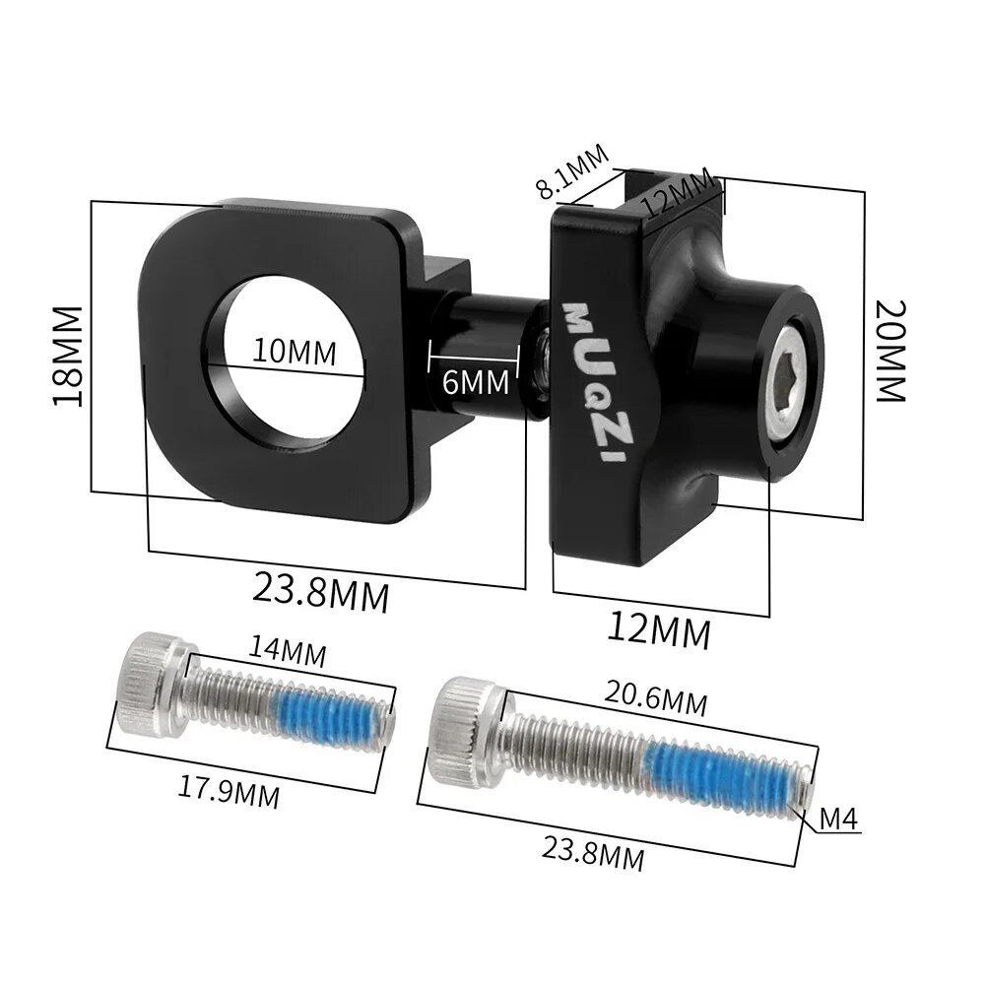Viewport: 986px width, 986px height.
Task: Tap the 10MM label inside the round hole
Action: pos(293,351)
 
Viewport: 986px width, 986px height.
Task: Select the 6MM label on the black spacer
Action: pos(476,381)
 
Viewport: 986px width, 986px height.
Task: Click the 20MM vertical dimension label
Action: pos(888,350)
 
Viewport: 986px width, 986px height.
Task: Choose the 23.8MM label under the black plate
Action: pos(321,591)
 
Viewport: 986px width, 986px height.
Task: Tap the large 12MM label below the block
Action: pos(658,630)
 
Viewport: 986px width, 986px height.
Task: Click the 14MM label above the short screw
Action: pos(287,651)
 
